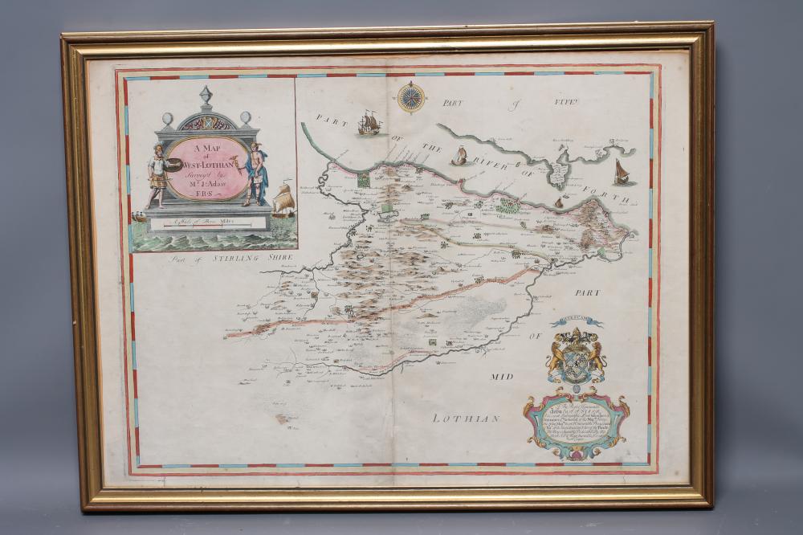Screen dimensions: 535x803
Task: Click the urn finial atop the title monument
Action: coord(206,96)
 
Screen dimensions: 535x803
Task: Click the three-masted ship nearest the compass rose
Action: coord(369,124)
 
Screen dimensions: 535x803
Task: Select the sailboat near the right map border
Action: coord(622,171)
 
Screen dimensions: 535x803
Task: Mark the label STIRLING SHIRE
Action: coord(251,257)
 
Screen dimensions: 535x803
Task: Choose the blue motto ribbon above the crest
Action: coord(576,322)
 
